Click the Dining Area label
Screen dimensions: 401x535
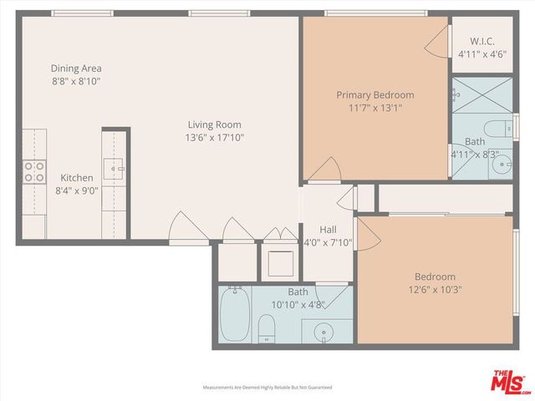pyautogui.click(x=76, y=69)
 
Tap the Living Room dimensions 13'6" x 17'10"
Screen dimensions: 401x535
pyautogui.click(x=215, y=138)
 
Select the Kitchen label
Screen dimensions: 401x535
pyautogui.click(x=76, y=177)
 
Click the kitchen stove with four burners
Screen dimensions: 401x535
pyautogui.click(x=33, y=171)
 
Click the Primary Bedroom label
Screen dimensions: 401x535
pyautogui.click(x=374, y=95)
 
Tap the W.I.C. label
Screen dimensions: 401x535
pyautogui.click(x=482, y=40)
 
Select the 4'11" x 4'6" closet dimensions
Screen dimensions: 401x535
pyautogui.click(x=482, y=53)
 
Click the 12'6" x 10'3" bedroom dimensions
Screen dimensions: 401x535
pyautogui.click(x=435, y=290)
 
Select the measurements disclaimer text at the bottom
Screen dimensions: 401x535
pyautogui.click(x=267, y=388)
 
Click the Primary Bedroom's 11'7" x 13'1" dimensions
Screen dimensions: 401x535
pyautogui.click(x=374, y=108)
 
